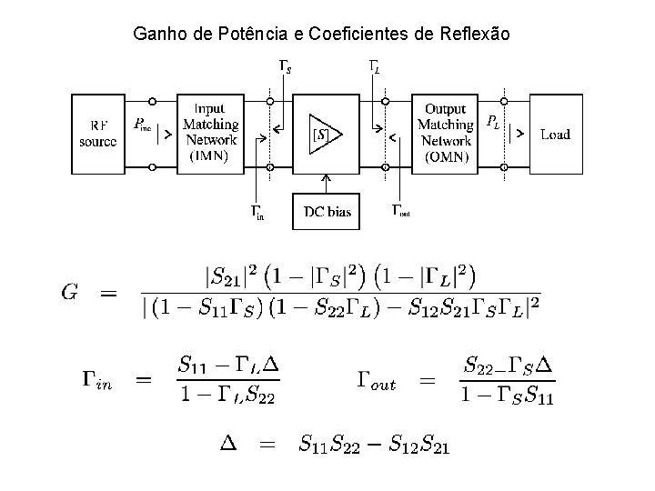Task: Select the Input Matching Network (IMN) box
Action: click(211, 133)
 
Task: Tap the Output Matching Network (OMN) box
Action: click(446, 133)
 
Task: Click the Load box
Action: click(555, 134)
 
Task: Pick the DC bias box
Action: click(327, 212)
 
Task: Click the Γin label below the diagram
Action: click(257, 213)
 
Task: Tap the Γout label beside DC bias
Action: click(400, 211)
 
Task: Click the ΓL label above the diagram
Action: click(374, 66)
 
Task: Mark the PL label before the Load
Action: click(492, 120)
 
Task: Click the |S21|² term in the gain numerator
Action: click(233, 273)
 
